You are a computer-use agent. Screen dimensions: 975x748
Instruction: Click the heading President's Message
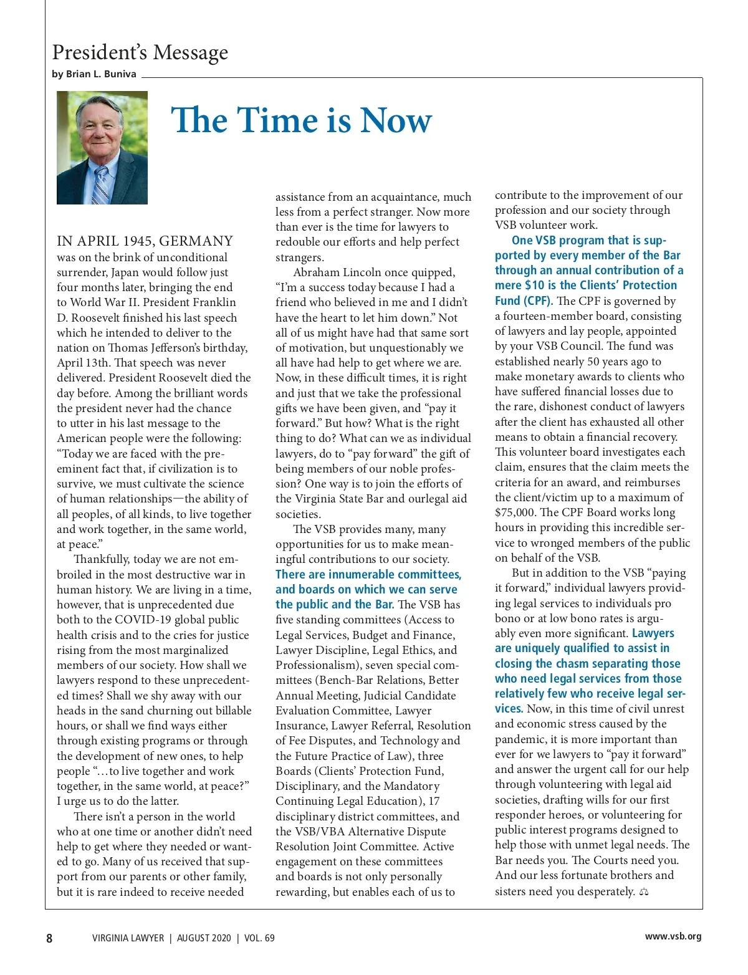point(140,52)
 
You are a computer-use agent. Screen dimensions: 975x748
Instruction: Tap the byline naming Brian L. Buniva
point(94,74)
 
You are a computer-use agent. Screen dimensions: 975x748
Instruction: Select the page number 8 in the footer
point(49,938)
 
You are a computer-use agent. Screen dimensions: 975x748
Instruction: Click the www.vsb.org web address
point(673,936)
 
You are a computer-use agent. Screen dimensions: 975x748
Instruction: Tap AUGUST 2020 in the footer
point(204,938)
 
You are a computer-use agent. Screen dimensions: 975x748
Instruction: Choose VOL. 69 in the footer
point(259,938)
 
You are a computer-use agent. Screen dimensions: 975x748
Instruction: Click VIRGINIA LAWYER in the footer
point(128,938)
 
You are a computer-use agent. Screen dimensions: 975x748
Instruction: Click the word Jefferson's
point(177,348)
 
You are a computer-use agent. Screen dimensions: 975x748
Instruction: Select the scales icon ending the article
point(644,892)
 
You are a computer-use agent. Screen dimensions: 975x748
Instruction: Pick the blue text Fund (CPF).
point(524,300)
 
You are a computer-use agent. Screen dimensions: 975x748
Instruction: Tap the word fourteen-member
point(547,316)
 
